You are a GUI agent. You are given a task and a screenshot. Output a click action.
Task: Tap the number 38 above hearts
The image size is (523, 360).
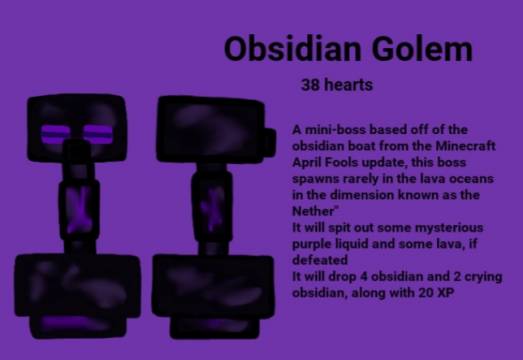pyautogui.click(x=311, y=85)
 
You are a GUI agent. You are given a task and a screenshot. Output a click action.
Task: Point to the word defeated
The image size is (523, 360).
pyautogui.click(x=321, y=259)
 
